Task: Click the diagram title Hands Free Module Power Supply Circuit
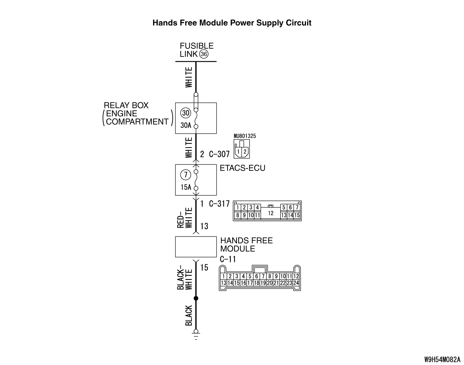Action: [232, 23]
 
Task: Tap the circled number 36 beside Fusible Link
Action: [204, 54]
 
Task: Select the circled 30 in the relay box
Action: [186, 113]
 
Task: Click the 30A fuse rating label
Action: [186, 125]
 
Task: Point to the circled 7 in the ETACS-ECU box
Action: [186, 175]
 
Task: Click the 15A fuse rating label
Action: [186, 187]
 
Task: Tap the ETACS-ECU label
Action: [242, 168]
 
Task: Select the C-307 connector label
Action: [219, 154]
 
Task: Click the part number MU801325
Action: [245, 136]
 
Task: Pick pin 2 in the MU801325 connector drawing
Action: [245, 151]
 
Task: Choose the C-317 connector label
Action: [219, 204]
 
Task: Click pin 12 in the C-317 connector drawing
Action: [271, 213]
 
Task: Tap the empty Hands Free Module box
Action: [196, 247]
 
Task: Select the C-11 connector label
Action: [228, 259]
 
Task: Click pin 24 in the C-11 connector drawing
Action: [296, 283]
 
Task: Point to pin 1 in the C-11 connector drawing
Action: [223, 276]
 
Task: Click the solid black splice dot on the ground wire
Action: [196, 298]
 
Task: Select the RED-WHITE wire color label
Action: [185, 217]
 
